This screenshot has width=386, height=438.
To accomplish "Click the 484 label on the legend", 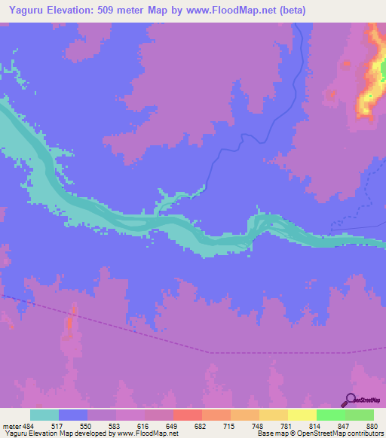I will coord(29,427).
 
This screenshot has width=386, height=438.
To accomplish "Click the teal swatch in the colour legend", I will coord(44,415).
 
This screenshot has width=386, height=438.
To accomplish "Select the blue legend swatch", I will coord(73,415).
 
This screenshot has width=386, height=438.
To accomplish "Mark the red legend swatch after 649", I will coord(188,415).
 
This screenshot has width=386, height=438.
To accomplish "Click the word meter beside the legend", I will coord(11,427).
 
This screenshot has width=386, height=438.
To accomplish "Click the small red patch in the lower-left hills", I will coord(70,324).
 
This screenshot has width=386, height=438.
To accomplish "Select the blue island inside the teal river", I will coord(267,224).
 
